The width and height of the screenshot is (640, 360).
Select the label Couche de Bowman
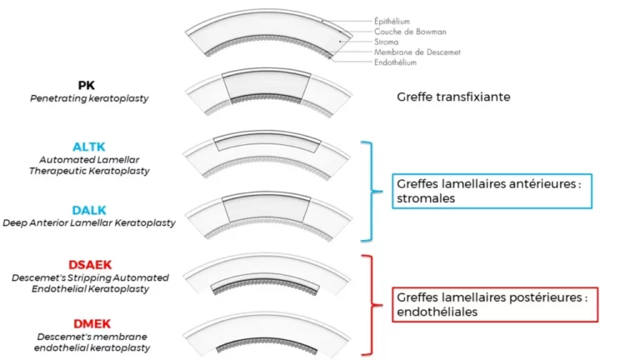pyautogui.click(x=404, y=31)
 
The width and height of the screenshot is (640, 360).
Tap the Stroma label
pyautogui.click(x=384, y=41)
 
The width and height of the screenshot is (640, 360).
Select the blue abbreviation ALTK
pyautogui.click(x=88, y=147)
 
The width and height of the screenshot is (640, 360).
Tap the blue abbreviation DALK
pyautogui.click(x=89, y=211)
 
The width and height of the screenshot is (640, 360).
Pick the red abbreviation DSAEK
pyautogui.click(x=89, y=263)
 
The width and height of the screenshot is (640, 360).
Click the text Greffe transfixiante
pyautogui.click(x=453, y=97)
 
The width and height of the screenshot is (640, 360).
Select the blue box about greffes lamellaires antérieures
pyautogui.click(x=492, y=191)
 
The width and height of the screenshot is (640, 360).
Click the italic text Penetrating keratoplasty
pyautogui.click(x=88, y=98)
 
